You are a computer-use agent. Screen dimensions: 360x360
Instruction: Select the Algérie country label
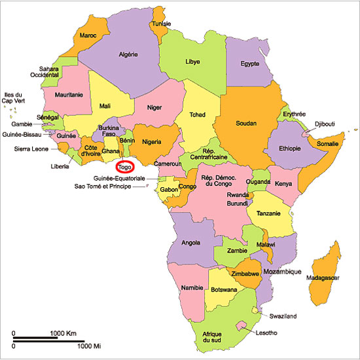coord(132,56)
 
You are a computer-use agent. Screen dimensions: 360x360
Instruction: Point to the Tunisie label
coord(162,24)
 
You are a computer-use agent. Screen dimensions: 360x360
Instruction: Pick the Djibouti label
coord(325,122)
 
